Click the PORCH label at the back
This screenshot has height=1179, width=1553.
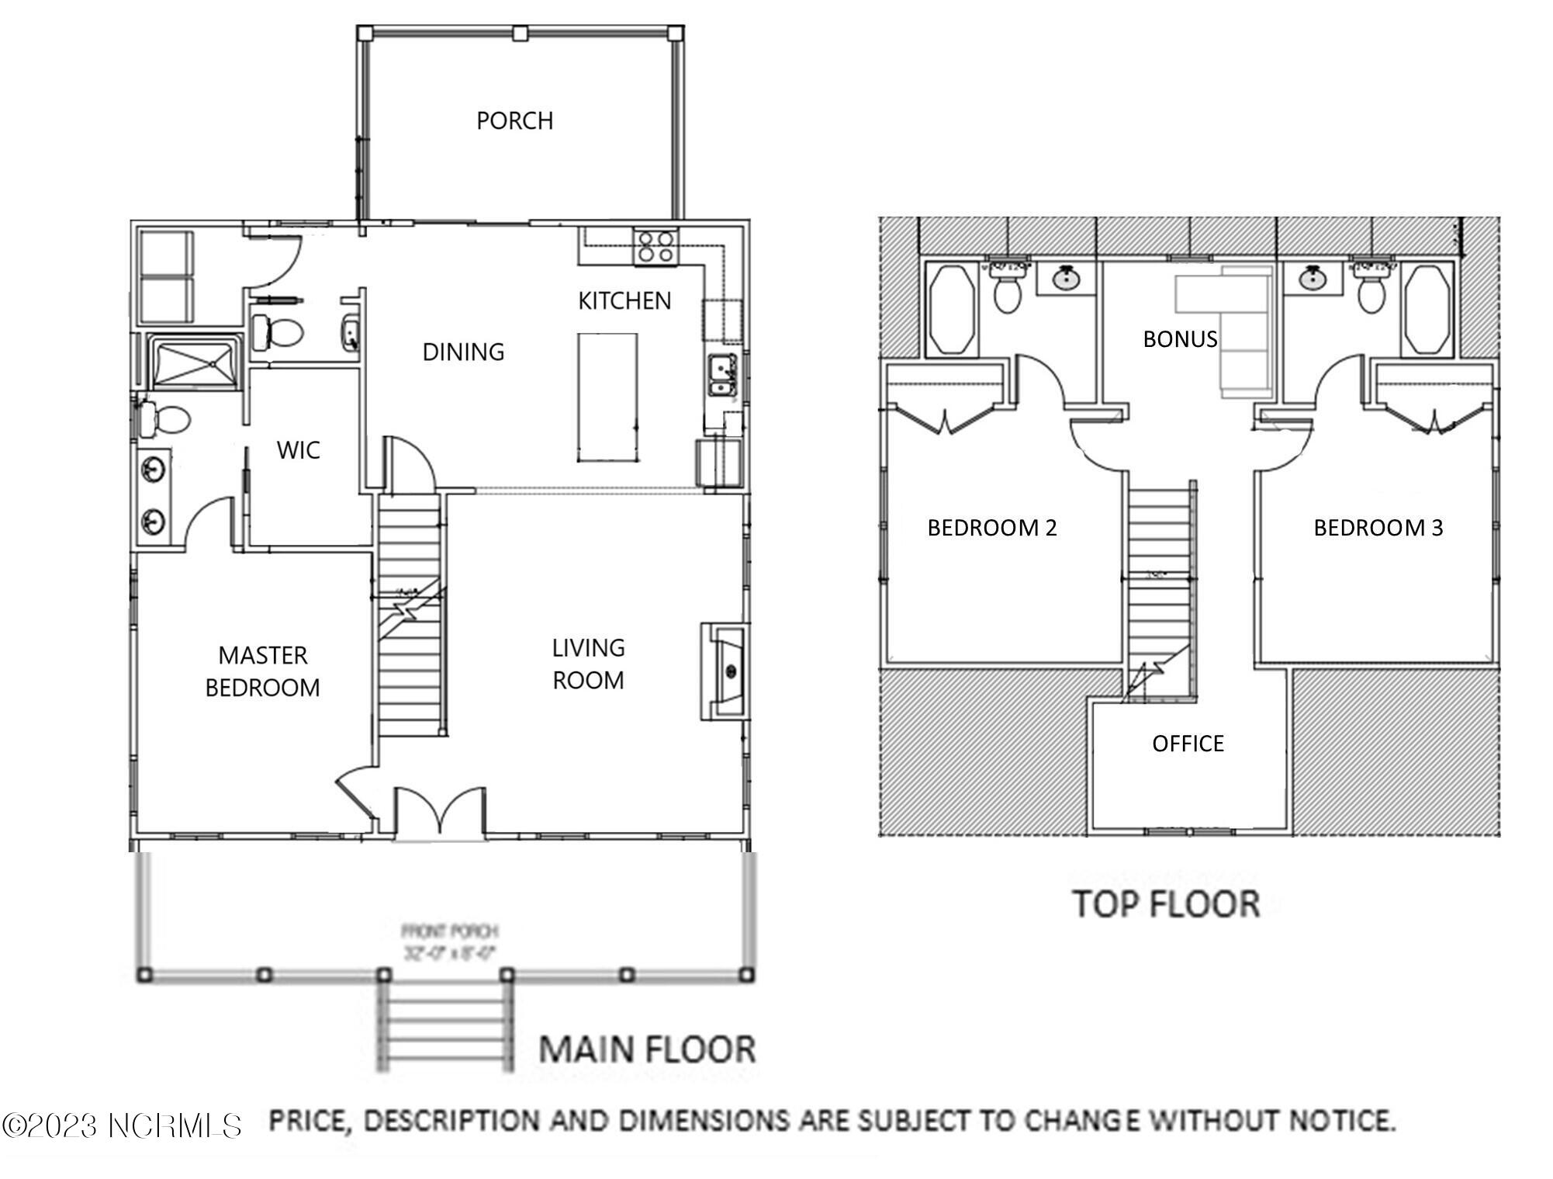pos(514,121)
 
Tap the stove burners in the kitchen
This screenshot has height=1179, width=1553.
pos(655,247)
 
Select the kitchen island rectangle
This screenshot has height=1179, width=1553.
pos(607,397)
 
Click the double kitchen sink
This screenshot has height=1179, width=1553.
pos(722,376)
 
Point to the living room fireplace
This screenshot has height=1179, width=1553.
pos(726,671)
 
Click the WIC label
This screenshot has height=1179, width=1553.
pos(298,450)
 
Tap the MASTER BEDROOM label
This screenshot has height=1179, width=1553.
pos(262,671)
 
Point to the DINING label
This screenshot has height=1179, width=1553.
pos(463,352)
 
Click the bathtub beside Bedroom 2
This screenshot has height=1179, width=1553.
pos(951,309)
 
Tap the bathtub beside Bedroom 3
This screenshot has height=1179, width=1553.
pos(1426,309)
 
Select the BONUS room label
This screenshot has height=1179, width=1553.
pos(1179,339)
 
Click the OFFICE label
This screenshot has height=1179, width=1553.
pos(1188,744)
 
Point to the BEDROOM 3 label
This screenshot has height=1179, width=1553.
pos(1378,528)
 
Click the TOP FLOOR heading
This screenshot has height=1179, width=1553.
pos(1165,904)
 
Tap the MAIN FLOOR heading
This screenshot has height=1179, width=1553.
pos(647,1049)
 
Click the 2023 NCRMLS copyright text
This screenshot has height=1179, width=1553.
pos(122,1125)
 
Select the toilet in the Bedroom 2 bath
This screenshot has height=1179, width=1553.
pos(1007,292)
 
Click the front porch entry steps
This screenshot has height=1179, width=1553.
pos(444,1025)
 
